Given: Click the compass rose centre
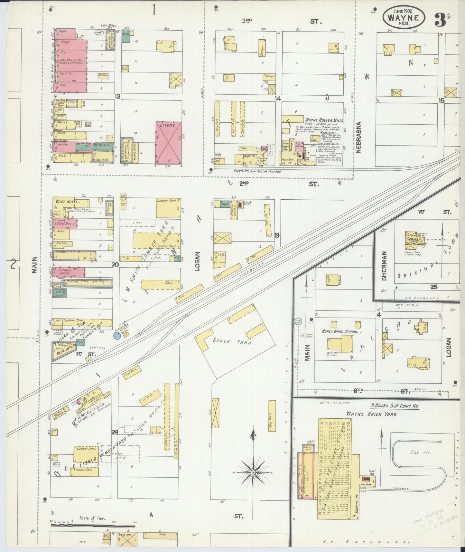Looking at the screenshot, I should pyautogui.click(x=253, y=472).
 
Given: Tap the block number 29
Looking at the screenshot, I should pyautogui.click(x=115, y=432).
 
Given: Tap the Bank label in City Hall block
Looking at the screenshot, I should pyautogui.click(x=63, y=32).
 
